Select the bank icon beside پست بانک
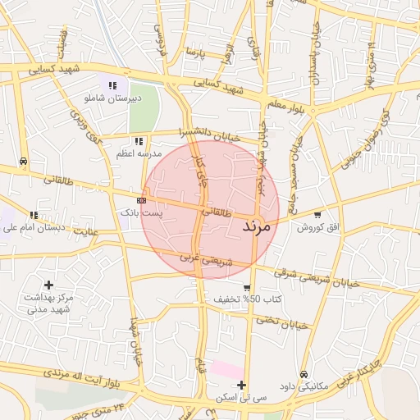pyautogui.click(x=141, y=199)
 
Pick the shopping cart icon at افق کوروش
pyautogui.click(x=317, y=214)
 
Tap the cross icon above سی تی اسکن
pyautogui.click(x=241, y=385)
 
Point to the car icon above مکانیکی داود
pyautogui.click(x=304, y=374)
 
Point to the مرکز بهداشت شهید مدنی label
pyautogui.click(x=50, y=303)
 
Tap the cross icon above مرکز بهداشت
pyautogui.click(x=49, y=285)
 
